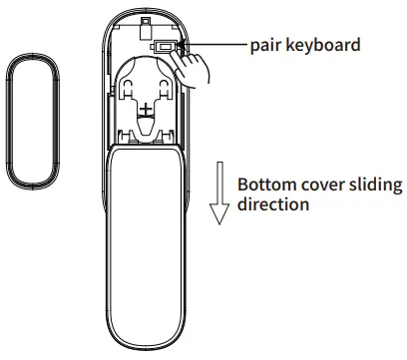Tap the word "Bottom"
(x=266, y=185)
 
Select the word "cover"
(x=323, y=185)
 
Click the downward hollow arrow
(x=216, y=198)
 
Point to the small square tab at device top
(x=146, y=19)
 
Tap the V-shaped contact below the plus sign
(x=147, y=128)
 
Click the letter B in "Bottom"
(x=242, y=185)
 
